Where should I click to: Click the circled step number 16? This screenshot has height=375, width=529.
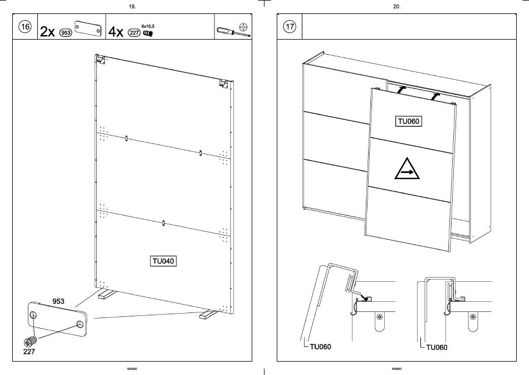coord(25,27)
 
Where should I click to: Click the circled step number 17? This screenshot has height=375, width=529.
coord(289,27)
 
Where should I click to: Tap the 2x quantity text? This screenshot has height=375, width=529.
coord(47,32)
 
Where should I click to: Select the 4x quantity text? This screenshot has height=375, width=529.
coord(116,32)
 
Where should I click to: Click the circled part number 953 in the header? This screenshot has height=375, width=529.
coord(66,33)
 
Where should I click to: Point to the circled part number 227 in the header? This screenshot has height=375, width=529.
coord(134,33)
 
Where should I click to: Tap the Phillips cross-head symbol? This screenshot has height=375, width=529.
coord(243,27)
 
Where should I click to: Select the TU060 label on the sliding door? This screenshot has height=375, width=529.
coord(408,122)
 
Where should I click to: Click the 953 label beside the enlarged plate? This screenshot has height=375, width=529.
coord(58,301)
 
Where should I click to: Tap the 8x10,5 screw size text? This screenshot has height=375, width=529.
coord(148,26)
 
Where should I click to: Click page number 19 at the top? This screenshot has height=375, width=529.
coord(132,7)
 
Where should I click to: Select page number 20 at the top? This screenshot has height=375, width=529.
coord(396,7)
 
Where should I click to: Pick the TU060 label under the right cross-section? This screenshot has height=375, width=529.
coord(436,347)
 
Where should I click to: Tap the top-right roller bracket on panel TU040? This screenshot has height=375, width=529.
coord(223,83)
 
